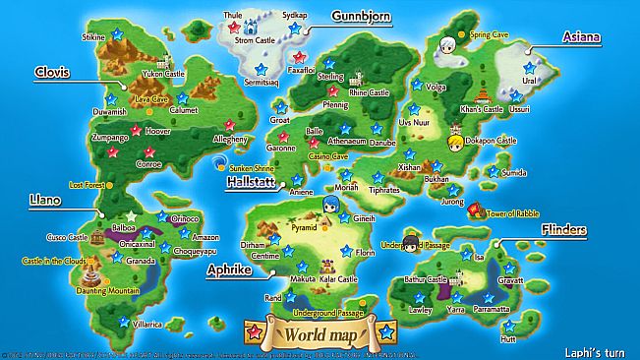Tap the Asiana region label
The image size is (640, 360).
(x=580, y=36)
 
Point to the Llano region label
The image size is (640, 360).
(x=45, y=200)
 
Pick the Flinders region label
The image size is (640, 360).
(x=564, y=230)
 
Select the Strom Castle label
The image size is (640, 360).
(x=256, y=41)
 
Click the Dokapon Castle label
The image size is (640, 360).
(x=493, y=141)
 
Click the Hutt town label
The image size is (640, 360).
(x=507, y=338)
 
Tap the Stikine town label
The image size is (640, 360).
(x=93, y=36)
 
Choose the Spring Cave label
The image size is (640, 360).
(x=489, y=34)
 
